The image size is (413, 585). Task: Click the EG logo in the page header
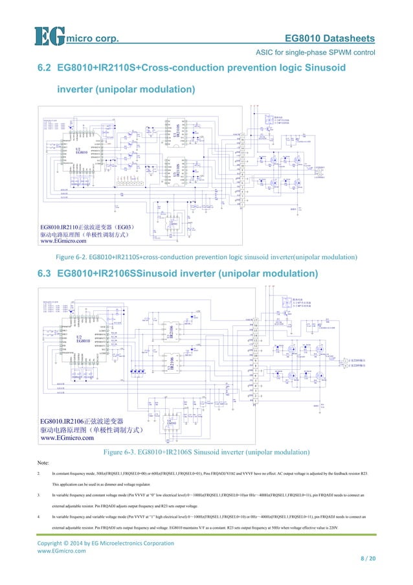pyautogui.click(x=49, y=36)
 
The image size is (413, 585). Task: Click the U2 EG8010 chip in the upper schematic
pyautogui.click(x=81, y=153)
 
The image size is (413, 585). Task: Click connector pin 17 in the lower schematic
pyautogui.click(x=257, y=321)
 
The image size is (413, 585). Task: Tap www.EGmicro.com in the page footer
pyautogui.click(x=61, y=551)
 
